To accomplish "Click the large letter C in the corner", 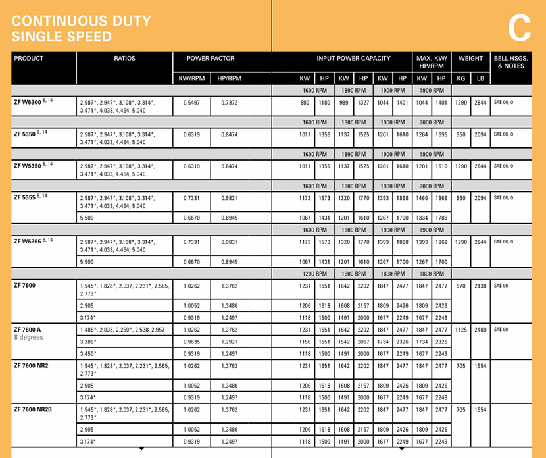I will click(x=518, y=28).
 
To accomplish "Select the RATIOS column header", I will click(x=124, y=59).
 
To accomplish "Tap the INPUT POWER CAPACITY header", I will click(x=353, y=59).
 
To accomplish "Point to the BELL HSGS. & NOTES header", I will click(x=511, y=63).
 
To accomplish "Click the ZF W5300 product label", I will click(x=29, y=103).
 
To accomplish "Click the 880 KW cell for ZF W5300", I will click(x=305, y=103).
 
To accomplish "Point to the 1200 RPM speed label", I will click(x=314, y=273).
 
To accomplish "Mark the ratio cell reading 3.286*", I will click(x=89, y=343).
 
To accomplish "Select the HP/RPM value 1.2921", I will click(x=230, y=343).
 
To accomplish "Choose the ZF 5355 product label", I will click(x=27, y=197).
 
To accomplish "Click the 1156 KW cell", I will click(x=305, y=343).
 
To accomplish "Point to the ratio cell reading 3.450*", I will click(x=89, y=354).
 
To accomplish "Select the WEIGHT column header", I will click(x=471, y=59).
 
